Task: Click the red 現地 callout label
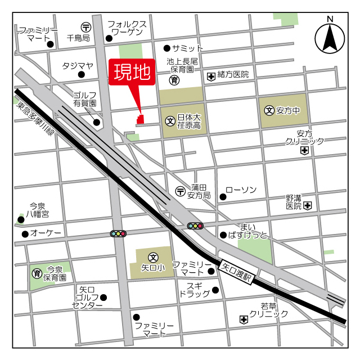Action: pos(132,72)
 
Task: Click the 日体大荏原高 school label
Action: pos(188,121)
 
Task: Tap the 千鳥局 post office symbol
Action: pos(85,26)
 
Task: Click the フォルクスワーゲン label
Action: pos(127,29)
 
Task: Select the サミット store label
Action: pos(187,48)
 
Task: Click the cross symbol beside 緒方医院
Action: pos(211,75)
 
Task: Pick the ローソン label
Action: pos(241,190)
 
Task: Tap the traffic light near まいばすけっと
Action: pos(195,226)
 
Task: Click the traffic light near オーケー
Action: pos(119,233)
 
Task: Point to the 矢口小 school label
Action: pos(152,268)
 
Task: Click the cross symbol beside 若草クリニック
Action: pos(244,319)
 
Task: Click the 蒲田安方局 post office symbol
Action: pos(180,191)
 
